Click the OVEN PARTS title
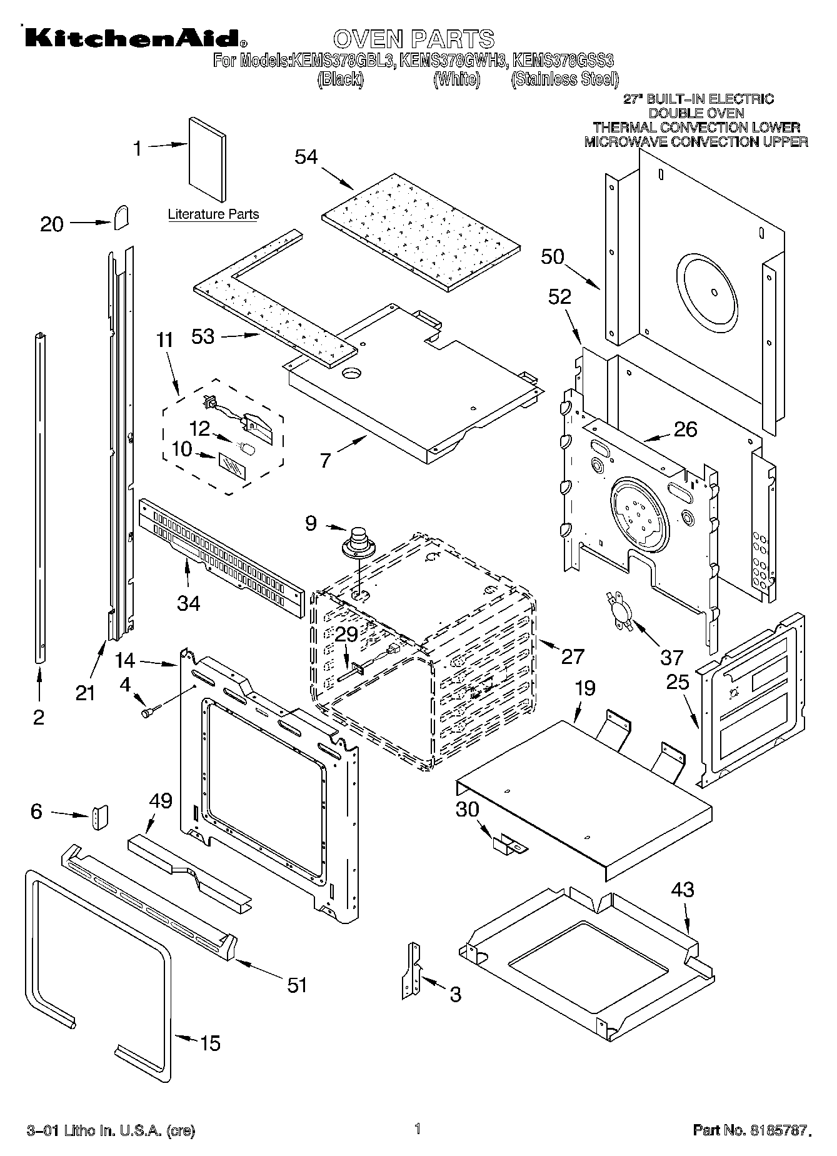[x=413, y=39]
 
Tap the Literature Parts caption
[x=213, y=214]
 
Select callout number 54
[x=306, y=157]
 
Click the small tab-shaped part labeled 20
[x=121, y=217]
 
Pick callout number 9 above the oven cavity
[x=311, y=522]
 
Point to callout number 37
[x=673, y=657]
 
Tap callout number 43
[x=683, y=888]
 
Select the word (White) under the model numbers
[x=458, y=79]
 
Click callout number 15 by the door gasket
[x=210, y=1043]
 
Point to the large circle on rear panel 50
[x=714, y=291]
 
